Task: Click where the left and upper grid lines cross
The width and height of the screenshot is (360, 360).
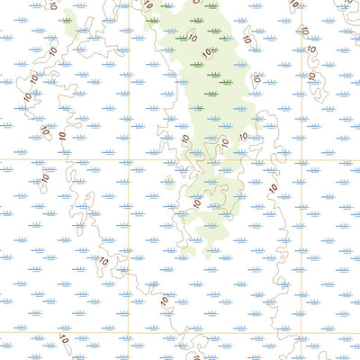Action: (x=129, y=160)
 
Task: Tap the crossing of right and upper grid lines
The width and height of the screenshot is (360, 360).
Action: (x=301, y=160)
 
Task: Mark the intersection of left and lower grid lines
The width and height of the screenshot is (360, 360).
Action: (x=129, y=332)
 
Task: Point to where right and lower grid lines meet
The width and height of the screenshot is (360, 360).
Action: (x=301, y=332)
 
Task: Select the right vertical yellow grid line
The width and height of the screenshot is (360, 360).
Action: (x=301, y=252)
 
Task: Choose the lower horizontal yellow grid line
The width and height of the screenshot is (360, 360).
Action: (x=216, y=332)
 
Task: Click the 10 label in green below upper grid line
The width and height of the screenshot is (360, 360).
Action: (x=197, y=203)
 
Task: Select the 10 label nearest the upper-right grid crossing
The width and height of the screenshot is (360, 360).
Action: (x=274, y=187)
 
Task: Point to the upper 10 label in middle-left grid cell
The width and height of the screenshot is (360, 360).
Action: (x=45, y=177)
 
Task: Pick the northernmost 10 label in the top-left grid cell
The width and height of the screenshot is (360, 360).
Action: (x=52, y=5)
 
